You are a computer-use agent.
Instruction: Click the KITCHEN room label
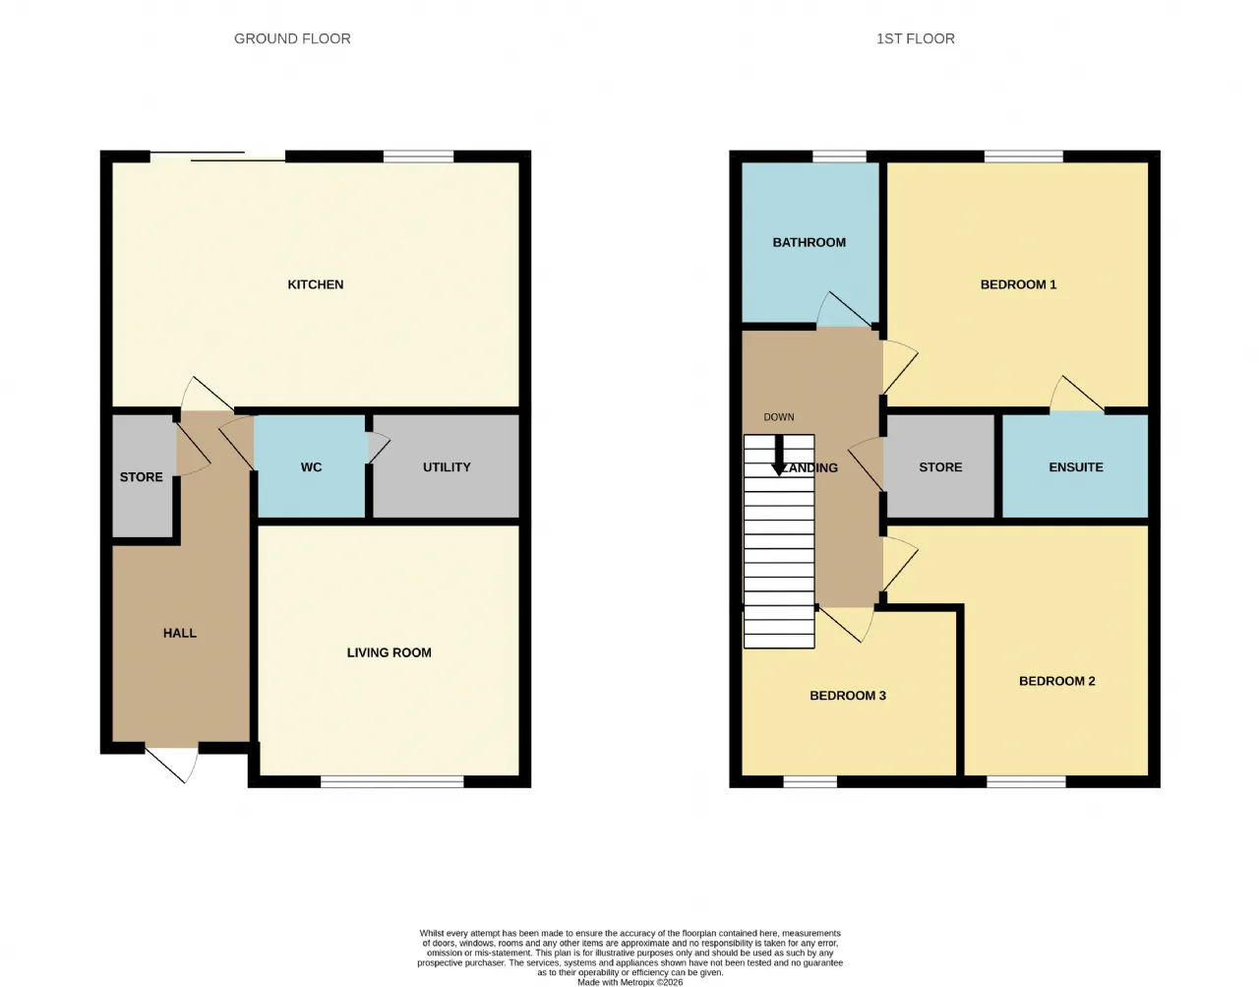(x=315, y=284)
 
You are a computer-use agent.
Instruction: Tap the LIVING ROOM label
(x=389, y=652)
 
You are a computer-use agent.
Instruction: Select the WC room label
(x=311, y=467)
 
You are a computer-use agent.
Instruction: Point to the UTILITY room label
(x=447, y=467)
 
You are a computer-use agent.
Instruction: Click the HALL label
(x=180, y=633)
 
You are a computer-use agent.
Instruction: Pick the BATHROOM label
(x=809, y=242)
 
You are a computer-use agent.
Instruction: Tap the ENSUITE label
(x=1075, y=467)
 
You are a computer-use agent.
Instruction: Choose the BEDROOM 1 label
(x=1018, y=284)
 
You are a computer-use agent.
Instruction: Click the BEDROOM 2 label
(x=1056, y=681)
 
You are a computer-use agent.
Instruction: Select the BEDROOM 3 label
(x=848, y=696)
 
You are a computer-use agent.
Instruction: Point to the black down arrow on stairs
(x=779, y=456)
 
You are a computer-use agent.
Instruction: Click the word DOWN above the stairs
(x=779, y=417)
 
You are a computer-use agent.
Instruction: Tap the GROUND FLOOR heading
(x=292, y=38)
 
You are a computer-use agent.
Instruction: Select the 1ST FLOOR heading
(x=916, y=38)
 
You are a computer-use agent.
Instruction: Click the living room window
(x=392, y=782)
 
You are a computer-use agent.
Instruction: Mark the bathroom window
(x=839, y=156)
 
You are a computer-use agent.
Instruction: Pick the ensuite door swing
(x=1076, y=394)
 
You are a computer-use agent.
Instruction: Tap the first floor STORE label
(x=940, y=467)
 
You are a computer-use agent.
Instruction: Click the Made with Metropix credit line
(x=629, y=982)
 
